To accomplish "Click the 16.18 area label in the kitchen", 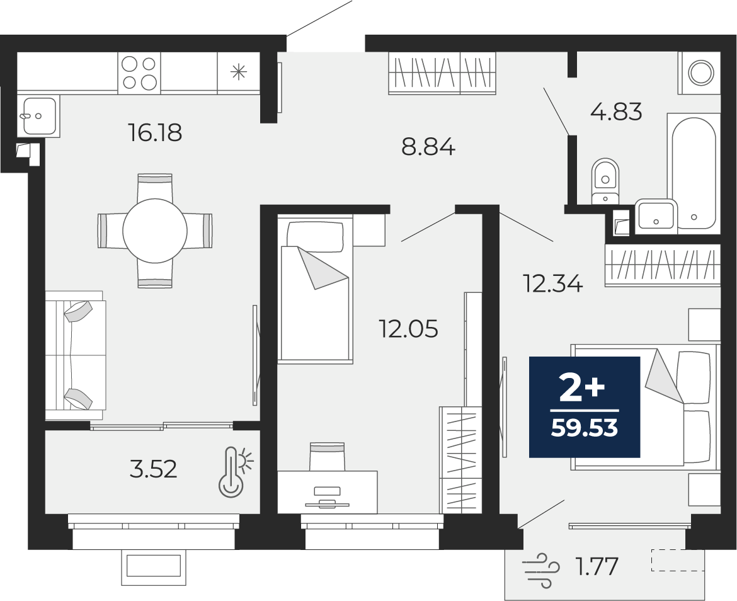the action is point(154,132).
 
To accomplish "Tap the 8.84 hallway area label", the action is point(428,147).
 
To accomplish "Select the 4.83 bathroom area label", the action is point(615,112).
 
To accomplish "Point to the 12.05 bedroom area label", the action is point(408,328).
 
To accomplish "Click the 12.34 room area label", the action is point(553,284).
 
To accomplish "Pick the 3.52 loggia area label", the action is point(153,469).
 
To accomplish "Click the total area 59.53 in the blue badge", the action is point(584,428).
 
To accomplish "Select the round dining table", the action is point(155,231).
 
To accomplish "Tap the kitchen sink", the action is point(40,115).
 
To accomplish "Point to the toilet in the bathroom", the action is point(605,181).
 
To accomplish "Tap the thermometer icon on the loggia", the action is point(235,471).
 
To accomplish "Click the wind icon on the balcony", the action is point(540,570).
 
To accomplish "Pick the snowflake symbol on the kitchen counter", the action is point(238,72).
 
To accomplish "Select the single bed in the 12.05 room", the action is point(315,289).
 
